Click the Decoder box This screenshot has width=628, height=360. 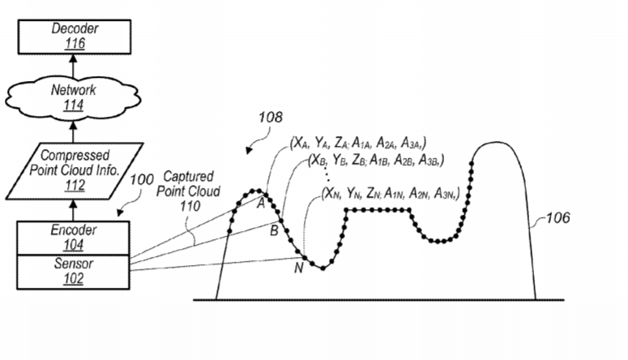point(75,36)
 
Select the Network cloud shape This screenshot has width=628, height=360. point(73,98)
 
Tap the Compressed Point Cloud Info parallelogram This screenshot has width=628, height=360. point(75,171)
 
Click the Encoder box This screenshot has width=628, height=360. point(73,238)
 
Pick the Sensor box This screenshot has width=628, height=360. point(73,272)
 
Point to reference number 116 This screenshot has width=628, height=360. point(75,43)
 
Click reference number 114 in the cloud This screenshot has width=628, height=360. point(73,105)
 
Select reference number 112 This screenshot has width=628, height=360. point(75,185)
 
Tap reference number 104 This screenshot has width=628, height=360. point(74,245)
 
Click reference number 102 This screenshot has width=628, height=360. point(74,278)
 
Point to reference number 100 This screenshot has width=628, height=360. point(142,180)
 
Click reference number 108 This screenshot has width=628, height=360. point(271,117)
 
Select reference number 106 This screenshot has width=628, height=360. point(558,217)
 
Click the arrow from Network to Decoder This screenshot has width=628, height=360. point(73,66)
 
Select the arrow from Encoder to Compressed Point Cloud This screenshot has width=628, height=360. point(73,210)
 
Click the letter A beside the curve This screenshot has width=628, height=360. point(261,204)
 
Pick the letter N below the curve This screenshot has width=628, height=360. point(299,268)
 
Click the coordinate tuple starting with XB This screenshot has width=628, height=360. point(376,161)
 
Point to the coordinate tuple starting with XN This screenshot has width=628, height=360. point(391,193)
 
